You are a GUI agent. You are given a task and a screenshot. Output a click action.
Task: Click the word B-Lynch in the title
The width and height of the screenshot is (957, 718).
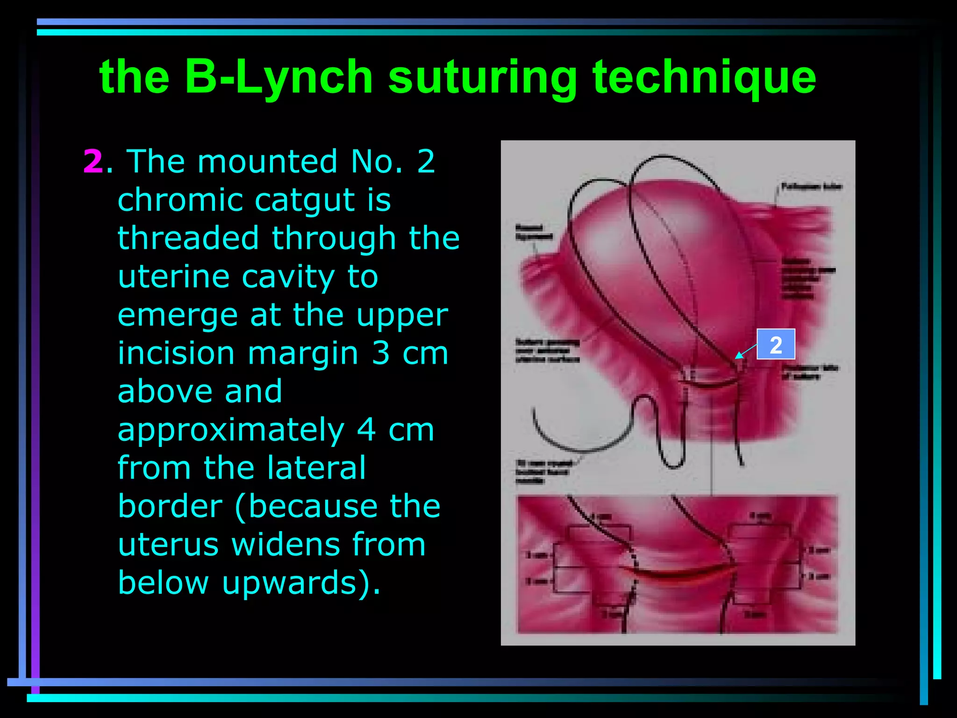[279, 77]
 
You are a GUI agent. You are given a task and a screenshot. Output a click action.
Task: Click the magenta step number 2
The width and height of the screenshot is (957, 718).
[93, 162]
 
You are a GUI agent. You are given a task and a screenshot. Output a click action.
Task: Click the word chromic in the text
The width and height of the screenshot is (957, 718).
[179, 200]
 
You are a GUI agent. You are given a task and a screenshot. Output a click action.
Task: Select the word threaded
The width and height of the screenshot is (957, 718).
[188, 238]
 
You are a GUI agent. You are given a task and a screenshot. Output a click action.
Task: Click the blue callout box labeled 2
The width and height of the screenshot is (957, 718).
[776, 345]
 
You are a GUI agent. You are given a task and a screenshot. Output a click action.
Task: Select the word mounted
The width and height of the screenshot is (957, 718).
[267, 162]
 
